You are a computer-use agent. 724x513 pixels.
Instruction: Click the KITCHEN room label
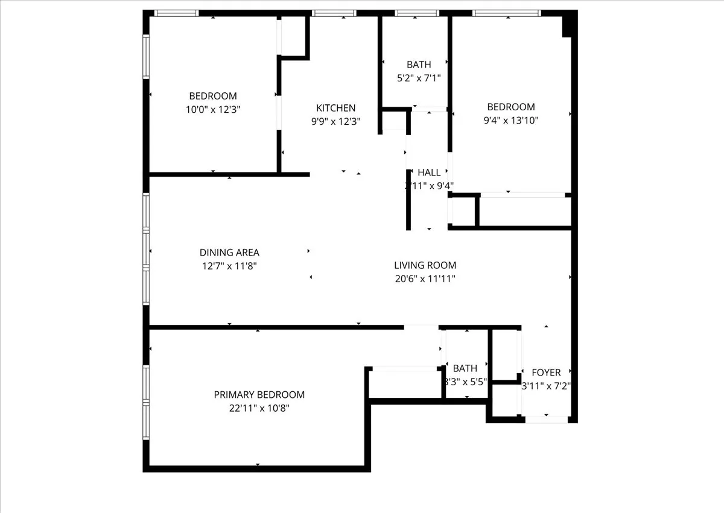[x=335, y=108]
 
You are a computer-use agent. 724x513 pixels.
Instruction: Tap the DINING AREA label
[x=229, y=253]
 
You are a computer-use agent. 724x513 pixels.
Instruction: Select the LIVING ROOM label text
[x=425, y=265]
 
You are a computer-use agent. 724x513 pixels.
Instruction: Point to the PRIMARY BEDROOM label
[x=259, y=395]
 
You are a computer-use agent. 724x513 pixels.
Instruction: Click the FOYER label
[x=545, y=373]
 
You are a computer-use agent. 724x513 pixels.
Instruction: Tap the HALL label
[x=429, y=172]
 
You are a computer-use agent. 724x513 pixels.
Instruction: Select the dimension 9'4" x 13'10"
[x=511, y=120]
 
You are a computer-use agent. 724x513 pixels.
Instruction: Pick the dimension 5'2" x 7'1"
[x=419, y=77]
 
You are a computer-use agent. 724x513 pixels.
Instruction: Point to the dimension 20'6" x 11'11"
[x=425, y=279]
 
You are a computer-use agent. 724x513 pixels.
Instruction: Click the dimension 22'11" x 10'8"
[x=259, y=408]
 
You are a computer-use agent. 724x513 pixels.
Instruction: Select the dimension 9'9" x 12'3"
[x=335, y=121]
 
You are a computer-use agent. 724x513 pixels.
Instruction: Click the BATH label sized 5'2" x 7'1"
[x=419, y=65]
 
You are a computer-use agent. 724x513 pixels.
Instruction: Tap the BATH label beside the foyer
[x=465, y=368]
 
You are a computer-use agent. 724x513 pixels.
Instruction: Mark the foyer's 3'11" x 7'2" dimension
[x=545, y=386]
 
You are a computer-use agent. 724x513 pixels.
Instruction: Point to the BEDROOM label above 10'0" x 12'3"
[x=212, y=96]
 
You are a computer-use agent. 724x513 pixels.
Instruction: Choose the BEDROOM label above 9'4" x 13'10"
[x=511, y=107]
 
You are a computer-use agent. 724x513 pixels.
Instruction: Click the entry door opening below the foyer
[x=546, y=419]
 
